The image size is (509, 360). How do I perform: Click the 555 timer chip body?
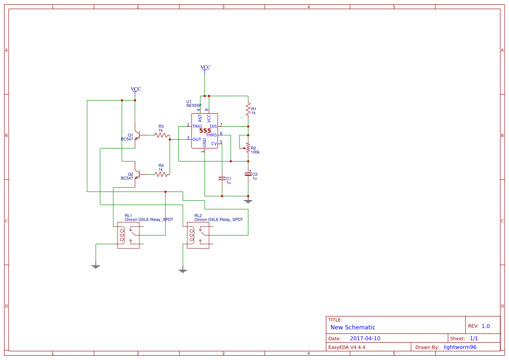tap(205, 131)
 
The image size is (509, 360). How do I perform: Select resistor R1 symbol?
tap(248, 109)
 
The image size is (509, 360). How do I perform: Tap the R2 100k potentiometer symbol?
tap(248, 148)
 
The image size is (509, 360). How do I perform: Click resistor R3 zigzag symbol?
tap(161, 135)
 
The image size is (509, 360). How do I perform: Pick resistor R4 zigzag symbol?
tap(161, 174)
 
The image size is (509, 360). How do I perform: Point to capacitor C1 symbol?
tap(222, 178)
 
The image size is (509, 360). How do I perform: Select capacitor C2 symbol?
tap(248, 174)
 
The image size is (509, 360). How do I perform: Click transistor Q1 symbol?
tap(136, 135)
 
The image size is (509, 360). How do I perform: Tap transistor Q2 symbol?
tap(136, 174)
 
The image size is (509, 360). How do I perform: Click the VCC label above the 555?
tap(205, 67)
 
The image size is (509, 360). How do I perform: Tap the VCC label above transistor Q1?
tap(136, 89)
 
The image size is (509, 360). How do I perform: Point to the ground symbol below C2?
tap(248, 201)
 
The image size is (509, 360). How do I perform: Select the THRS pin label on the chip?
tap(211, 135)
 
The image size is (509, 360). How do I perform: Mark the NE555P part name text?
tap(193, 105)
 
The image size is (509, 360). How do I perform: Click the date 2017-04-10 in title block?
tap(365, 338)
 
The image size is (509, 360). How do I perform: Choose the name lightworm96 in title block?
tap(460, 347)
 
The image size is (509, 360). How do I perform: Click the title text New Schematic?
tap(353, 327)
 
